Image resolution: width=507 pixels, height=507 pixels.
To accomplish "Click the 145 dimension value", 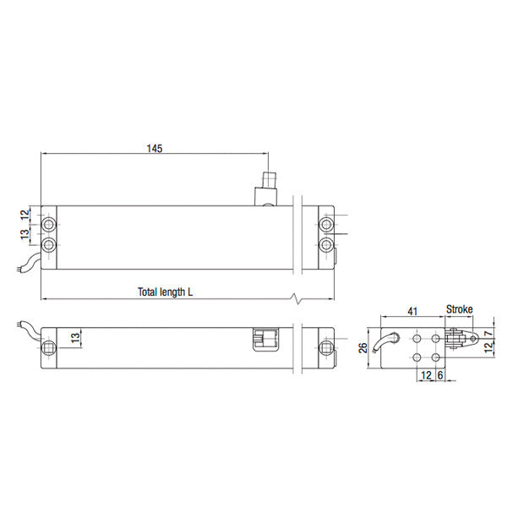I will [x=154, y=148].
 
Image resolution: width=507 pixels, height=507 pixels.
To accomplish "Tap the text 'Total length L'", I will [x=166, y=292].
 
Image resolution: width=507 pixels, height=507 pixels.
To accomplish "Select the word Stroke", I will [x=459, y=309].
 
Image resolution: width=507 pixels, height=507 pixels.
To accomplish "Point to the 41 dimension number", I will [x=412, y=311].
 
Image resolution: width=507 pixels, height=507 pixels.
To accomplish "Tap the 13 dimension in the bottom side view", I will [x=75, y=338].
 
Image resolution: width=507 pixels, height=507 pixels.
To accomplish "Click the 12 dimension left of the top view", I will [x=25, y=215].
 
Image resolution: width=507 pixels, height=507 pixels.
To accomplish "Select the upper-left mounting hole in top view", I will [x=51, y=226].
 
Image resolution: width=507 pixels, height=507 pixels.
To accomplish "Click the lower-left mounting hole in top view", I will [x=51, y=245].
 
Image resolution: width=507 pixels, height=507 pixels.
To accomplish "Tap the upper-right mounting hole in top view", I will [x=326, y=226].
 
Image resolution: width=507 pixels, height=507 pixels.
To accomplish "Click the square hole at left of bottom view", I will [x=51, y=347].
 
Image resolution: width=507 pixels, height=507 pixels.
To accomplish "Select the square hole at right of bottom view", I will [x=326, y=347].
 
